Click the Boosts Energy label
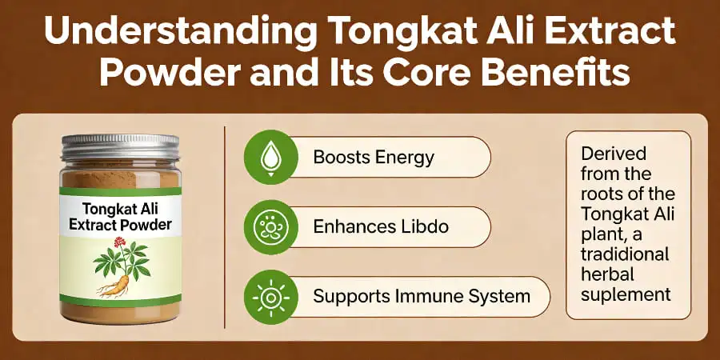[374, 157]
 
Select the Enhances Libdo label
[381, 226]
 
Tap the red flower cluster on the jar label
[121, 241]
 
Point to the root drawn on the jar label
[116, 281]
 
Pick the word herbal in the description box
[607, 274]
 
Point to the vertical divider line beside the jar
[225, 226]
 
